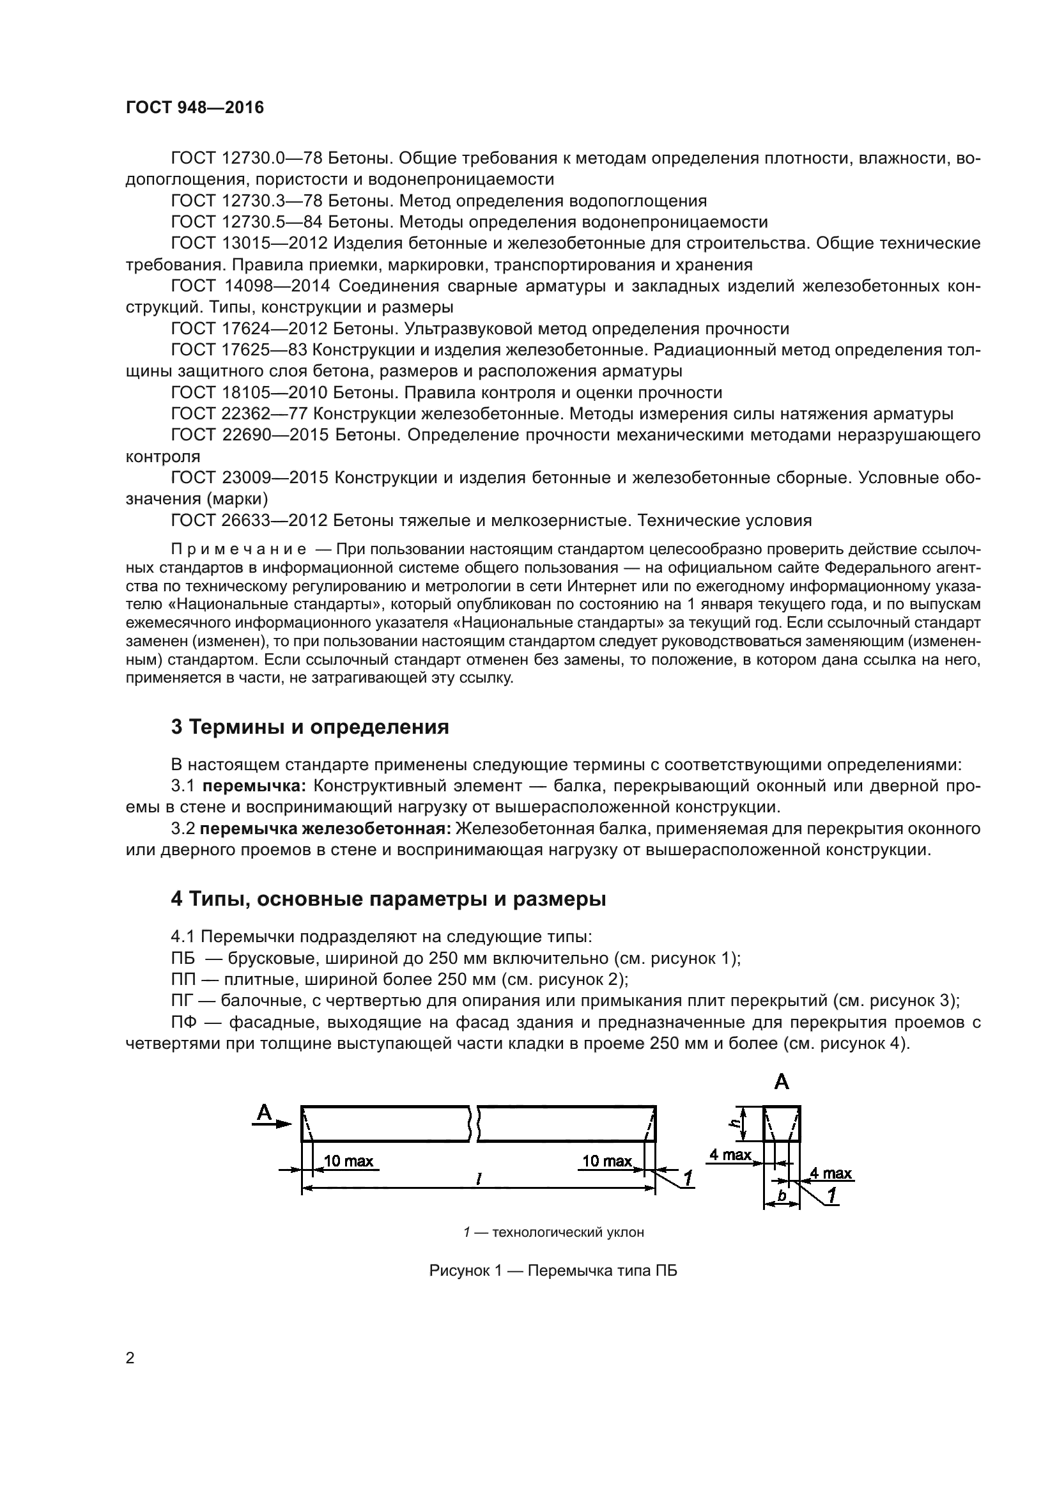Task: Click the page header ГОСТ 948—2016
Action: click(x=195, y=107)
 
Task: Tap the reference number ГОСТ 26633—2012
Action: click(x=249, y=520)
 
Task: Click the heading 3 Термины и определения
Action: click(x=310, y=727)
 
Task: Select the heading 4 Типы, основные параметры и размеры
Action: click(x=388, y=899)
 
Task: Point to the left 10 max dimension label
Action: click(x=348, y=1161)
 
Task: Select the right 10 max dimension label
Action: click(x=606, y=1161)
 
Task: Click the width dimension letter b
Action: click(x=782, y=1195)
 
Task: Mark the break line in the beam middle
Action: click(x=473, y=1123)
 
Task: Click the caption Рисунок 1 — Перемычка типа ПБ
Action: click(x=553, y=1271)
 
